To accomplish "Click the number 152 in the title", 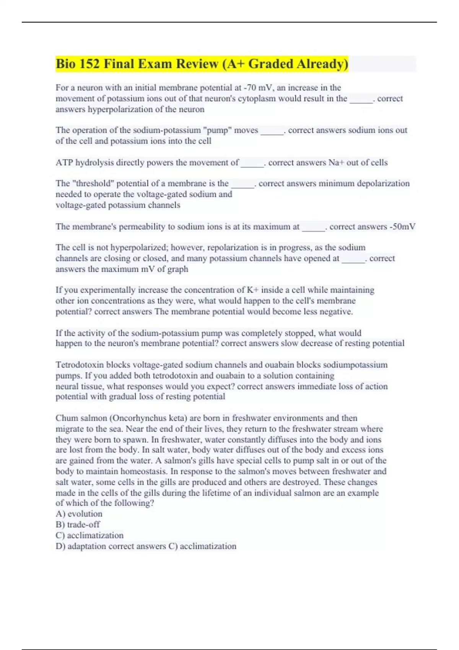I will [90, 64].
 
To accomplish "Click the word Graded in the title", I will [271, 64].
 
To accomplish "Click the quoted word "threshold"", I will [93, 184].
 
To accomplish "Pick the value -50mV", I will [402, 227].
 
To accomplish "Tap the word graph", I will [178, 269].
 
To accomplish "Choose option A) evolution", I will [79, 514].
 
